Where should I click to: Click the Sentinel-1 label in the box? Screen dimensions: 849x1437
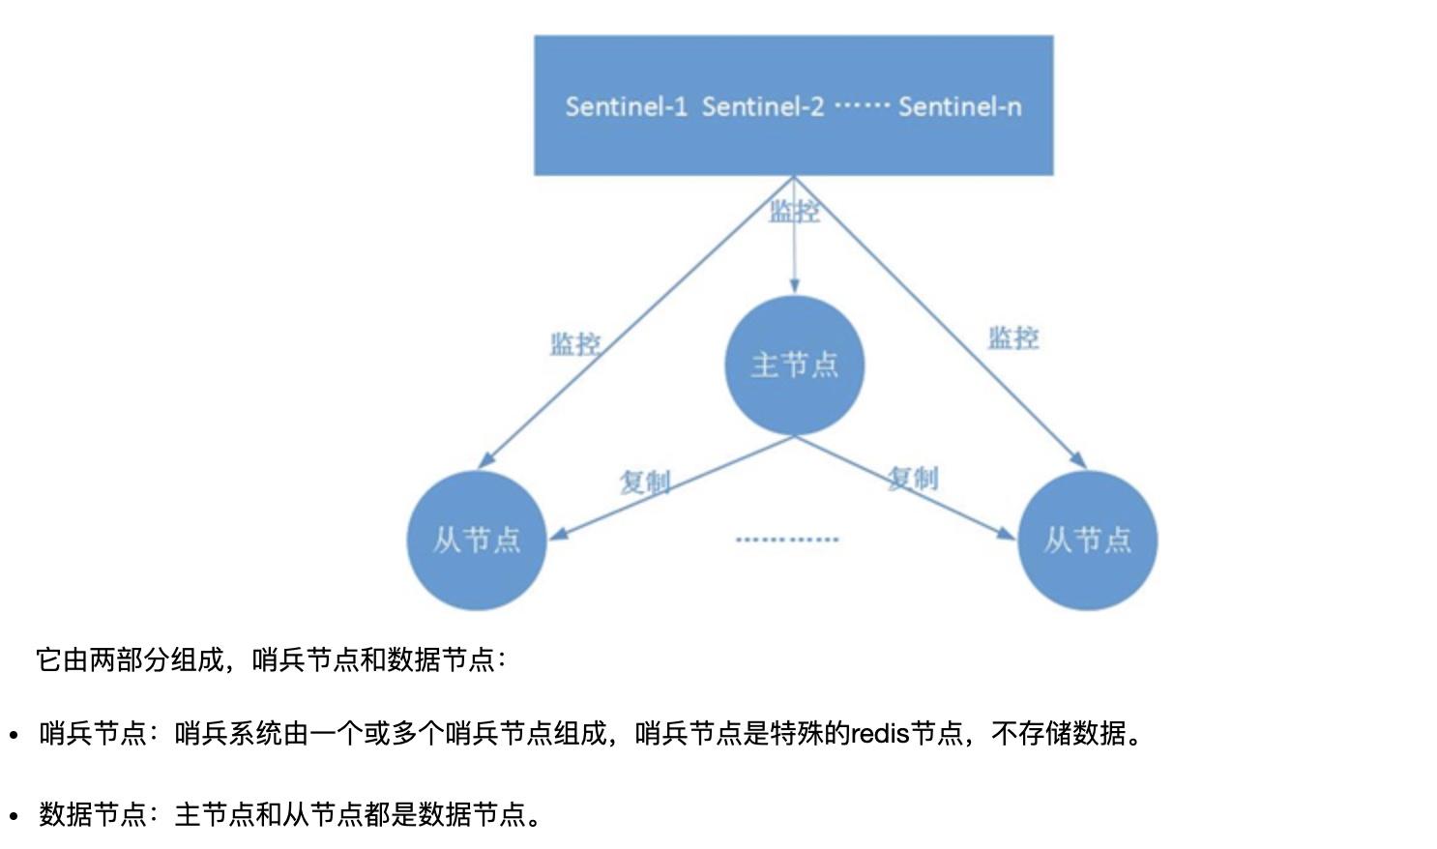pyautogui.click(x=626, y=106)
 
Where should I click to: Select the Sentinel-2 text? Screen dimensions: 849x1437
pyautogui.click(x=762, y=106)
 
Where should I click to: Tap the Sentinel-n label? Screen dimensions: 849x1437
pyautogui.click(x=959, y=106)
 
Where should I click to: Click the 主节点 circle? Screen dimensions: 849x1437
pyautogui.click(x=794, y=366)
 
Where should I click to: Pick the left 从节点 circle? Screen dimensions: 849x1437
pyautogui.click(x=476, y=541)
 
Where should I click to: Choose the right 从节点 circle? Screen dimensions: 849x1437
pyautogui.click(x=1087, y=541)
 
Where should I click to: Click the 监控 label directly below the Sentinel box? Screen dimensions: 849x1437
pyautogui.click(x=794, y=211)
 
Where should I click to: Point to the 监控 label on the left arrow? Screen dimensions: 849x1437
pyautogui.click(x=574, y=343)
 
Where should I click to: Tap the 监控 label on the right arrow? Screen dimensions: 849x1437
pyautogui.click(x=1012, y=337)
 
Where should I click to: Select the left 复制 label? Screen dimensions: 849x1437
pyautogui.click(x=644, y=481)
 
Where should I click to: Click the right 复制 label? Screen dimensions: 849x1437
pyautogui.click(x=913, y=478)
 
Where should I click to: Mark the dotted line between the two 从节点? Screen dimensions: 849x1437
pyautogui.click(x=786, y=540)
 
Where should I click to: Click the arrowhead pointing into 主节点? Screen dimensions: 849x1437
pyautogui.click(x=794, y=286)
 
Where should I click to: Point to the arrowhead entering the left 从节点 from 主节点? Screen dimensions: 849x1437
pyautogui.click(x=558, y=533)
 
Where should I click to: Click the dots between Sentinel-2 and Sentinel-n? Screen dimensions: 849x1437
pyautogui.click(x=861, y=104)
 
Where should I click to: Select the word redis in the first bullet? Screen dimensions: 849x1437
pyautogui.click(x=880, y=734)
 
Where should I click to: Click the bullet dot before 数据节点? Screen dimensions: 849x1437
pyautogui.click(x=14, y=815)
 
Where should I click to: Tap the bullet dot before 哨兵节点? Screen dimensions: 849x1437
pyautogui.click(x=14, y=735)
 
